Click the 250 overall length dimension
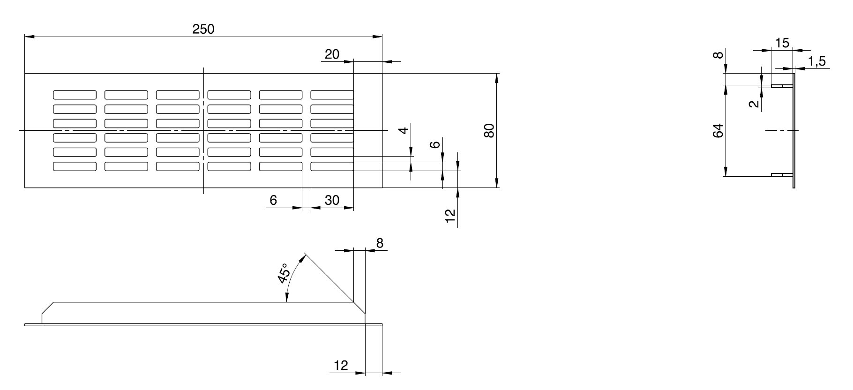(x=203, y=29)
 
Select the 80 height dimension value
(x=489, y=130)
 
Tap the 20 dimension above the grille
(x=332, y=54)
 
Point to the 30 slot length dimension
(x=332, y=200)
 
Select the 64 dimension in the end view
(x=718, y=131)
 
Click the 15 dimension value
(x=782, y=43)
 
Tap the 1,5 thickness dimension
(x=817, y=61)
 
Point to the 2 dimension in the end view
(x=754, y=104)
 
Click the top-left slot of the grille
(x=75, y=95)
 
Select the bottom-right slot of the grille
(x=332, y=166)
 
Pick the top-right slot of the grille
(x=332, y=95)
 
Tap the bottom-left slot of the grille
(x=75, y=166)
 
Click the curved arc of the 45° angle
(x=291, y=277)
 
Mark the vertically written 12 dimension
(x=450, y=216)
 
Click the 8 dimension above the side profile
(x=380, y=243)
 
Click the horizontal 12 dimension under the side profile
(x=341, y=365)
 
